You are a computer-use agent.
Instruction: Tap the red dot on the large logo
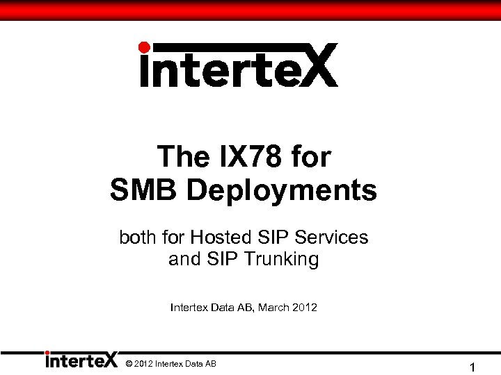click(144, 47)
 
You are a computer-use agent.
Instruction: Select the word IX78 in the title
click(244, 156)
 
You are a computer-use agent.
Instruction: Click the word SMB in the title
click(143, 190)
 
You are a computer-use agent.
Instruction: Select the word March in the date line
click(273, 306)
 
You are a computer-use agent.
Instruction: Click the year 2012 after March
click(305, 306)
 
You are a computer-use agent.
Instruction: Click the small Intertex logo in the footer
click(81, 360)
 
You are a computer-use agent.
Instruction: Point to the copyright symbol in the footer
click(129, 364)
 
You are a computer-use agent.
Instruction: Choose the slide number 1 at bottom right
click(472, 367)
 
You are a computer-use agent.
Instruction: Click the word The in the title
click(182, 156)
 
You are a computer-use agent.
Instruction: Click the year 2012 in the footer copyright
click(143, 364)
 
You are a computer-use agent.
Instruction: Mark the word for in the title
click(311, 156)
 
